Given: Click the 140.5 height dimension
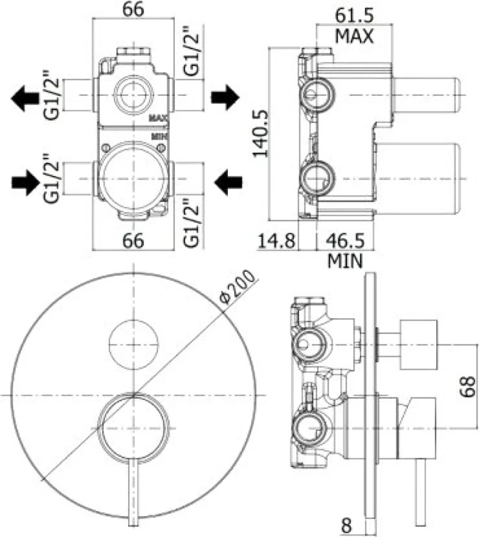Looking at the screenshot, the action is coord(260,133).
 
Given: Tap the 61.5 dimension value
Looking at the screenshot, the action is coord(354,15).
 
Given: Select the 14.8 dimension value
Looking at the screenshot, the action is coord(276,241).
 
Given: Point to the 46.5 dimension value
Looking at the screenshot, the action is coord(345,241).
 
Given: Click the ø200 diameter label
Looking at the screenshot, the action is coord(238,287).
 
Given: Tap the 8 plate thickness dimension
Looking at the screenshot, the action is coord(346,525).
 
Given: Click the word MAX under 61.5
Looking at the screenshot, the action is coord(354,36).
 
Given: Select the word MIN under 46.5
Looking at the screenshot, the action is coord(345,261).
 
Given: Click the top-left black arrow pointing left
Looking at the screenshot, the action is coord(25,99).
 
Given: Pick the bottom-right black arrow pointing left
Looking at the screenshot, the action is coord(228,182).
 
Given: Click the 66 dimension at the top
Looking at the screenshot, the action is coord(134,9).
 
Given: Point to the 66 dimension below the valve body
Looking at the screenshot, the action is coord(134,241).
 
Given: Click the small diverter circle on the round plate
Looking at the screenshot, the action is coord(134,345).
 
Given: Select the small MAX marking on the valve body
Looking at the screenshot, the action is coord(158,118).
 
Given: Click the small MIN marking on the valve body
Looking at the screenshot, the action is coord(160,136).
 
